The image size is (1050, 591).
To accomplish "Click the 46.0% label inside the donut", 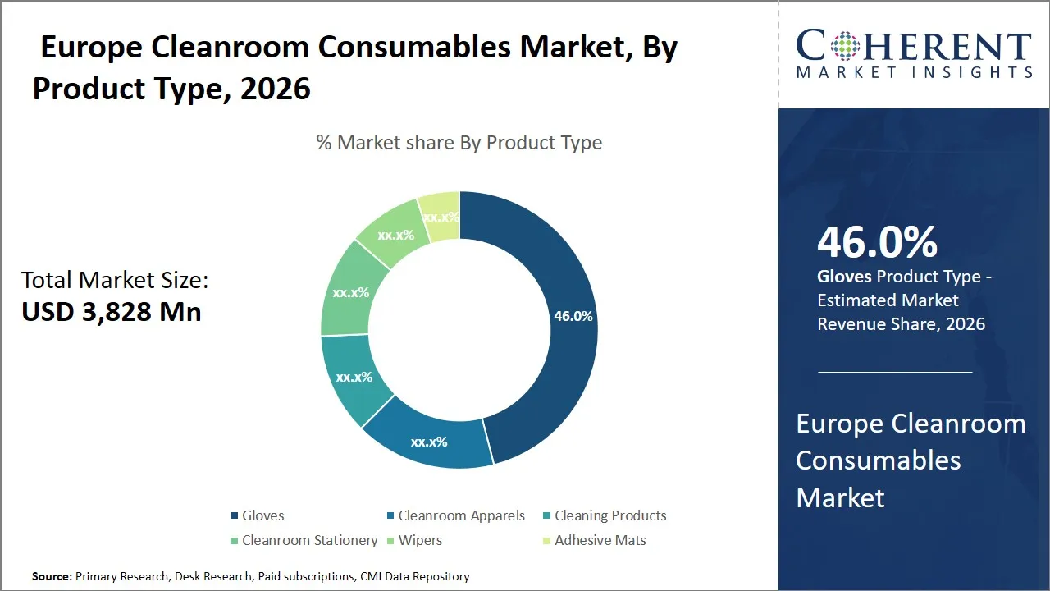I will tap(573, 316).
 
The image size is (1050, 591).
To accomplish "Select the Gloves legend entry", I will tap(262, 515).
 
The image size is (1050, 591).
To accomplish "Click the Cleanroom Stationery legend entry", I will tap(309, 540).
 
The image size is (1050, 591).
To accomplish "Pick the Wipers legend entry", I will tap(420, 540).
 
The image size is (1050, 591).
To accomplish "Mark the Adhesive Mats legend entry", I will tap(600, 540).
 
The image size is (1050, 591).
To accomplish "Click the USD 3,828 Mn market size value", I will tap(112, 312).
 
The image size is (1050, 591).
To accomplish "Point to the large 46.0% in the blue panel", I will tap(877, 243).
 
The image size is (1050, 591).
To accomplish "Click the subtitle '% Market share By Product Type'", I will tap(459, 143).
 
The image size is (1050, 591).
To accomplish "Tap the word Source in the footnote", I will tap(52, 576).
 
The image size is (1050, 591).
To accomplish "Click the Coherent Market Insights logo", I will tap(914, 53).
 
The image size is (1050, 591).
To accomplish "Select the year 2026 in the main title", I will tap(276, 88).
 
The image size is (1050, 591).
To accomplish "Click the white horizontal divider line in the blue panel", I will tap(895, 372).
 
